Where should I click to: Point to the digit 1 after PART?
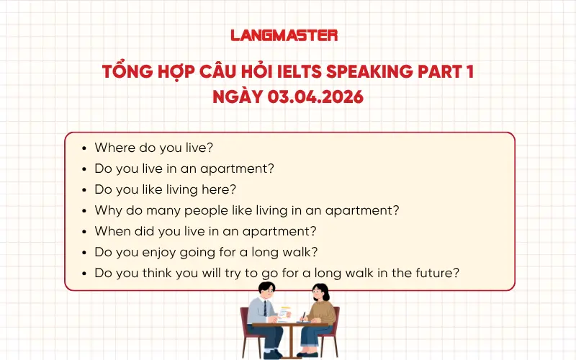click(469, 72)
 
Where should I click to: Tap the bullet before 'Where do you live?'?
click(85, 148)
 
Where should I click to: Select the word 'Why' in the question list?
click(107, 211)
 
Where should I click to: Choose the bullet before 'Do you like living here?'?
click(85, 190)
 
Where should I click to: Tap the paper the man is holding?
click(285, 312)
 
